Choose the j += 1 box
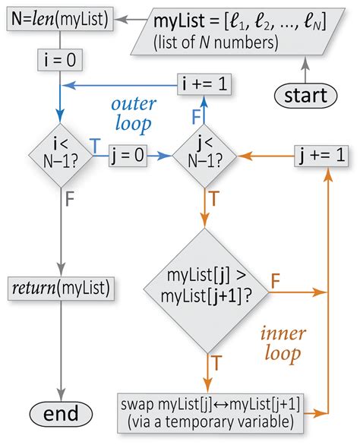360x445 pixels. [x=319, y=156]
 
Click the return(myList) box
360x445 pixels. [x=62, y=288]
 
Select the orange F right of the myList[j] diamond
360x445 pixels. [x=276, y=280]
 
